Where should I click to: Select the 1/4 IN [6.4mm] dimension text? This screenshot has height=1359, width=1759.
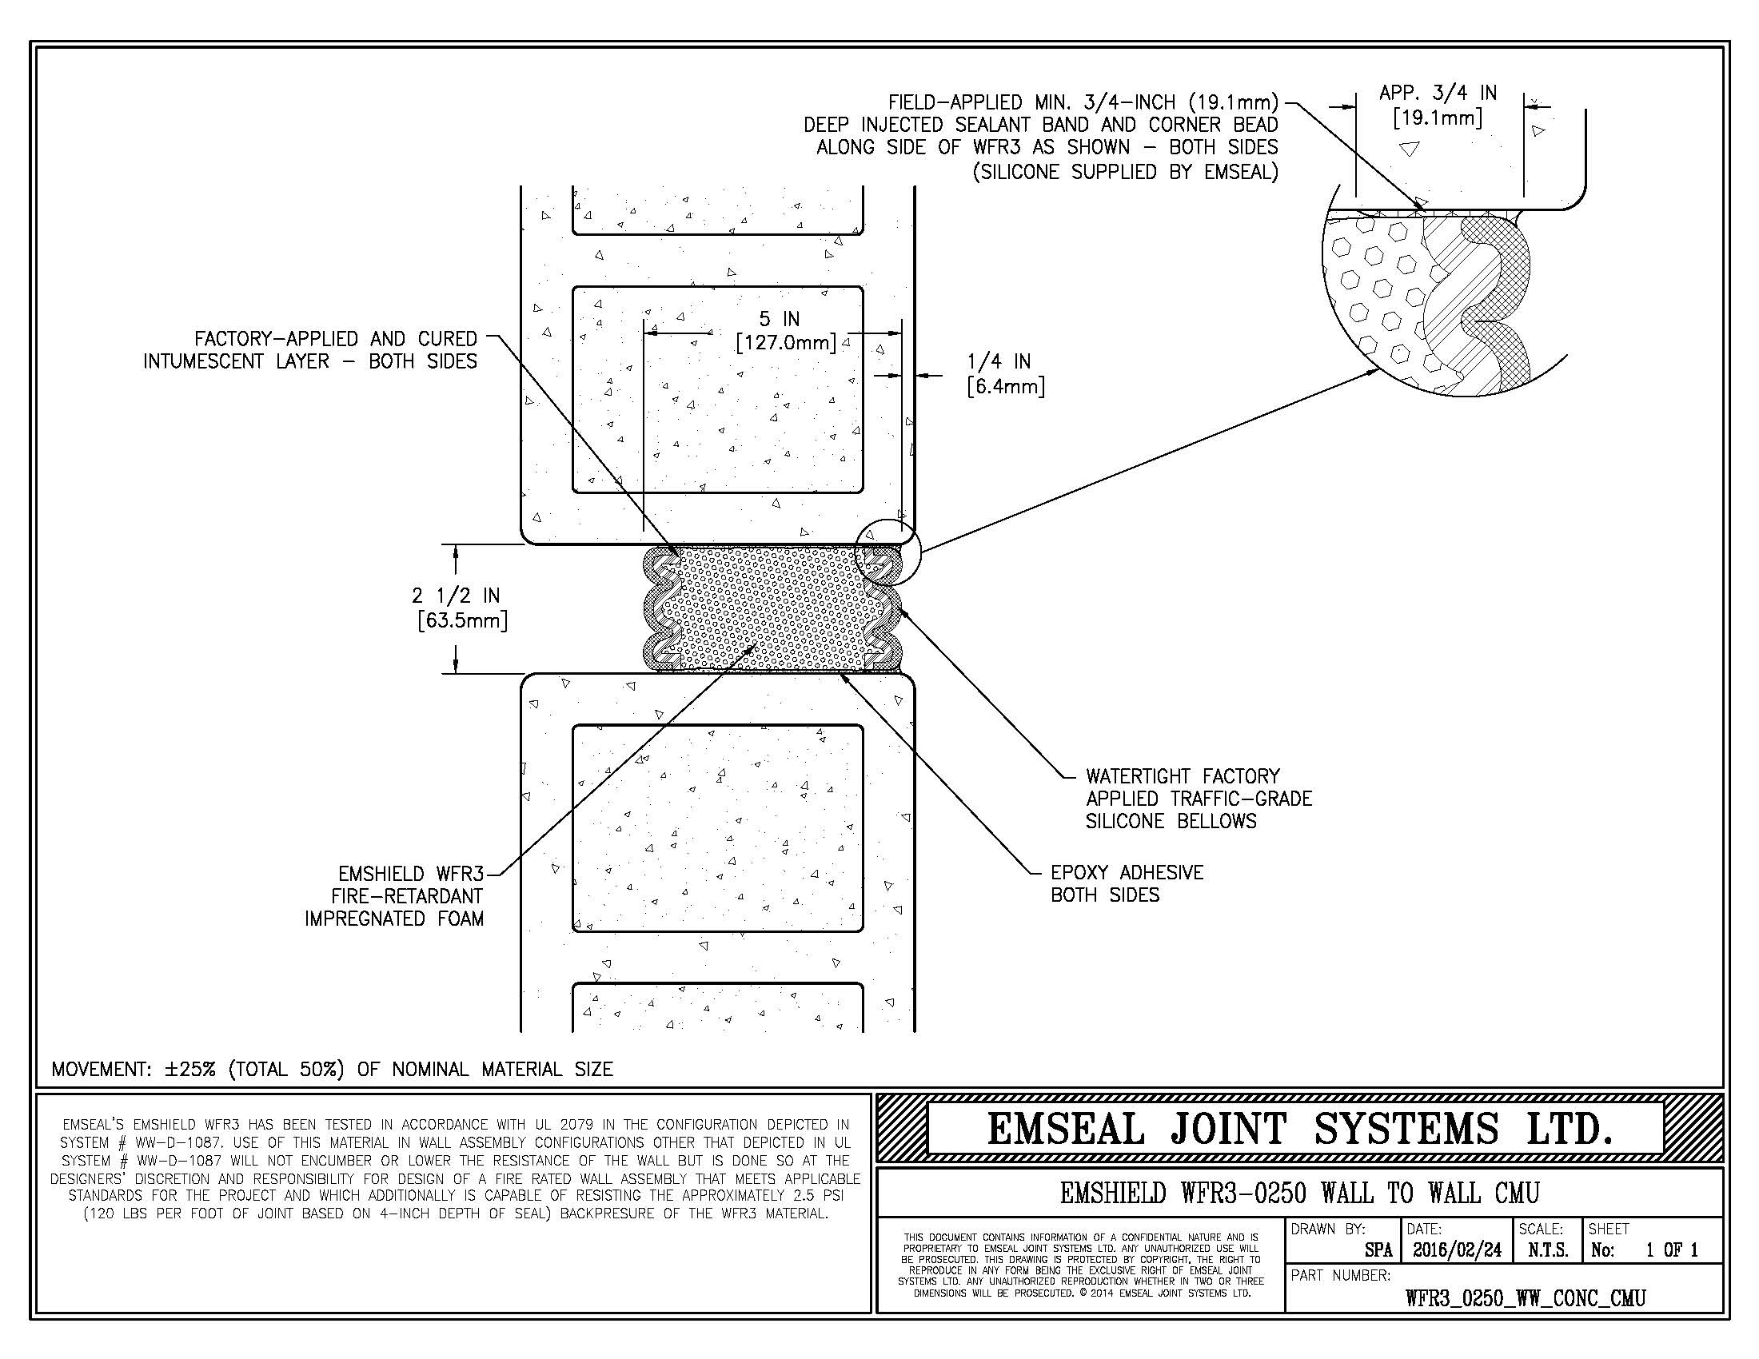pos(1005,374)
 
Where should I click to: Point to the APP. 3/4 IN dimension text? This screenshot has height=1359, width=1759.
pos(1438,106)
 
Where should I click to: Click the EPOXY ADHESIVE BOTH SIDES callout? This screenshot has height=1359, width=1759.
pos(1127,884)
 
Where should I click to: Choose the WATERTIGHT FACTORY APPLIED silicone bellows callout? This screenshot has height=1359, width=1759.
pos(1199,799)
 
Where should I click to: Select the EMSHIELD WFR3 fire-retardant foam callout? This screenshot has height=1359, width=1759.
pos(394,897)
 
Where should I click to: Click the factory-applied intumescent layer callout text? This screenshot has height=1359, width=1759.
pos(310,350)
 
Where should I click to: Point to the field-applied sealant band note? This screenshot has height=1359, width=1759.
pos(1040,137)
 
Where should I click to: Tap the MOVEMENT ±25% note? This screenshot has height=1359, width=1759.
pos(332,1069)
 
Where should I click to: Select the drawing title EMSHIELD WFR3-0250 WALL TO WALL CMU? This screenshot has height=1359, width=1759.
pos(1299,1193)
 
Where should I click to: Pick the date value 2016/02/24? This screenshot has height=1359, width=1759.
pos(1457,1249)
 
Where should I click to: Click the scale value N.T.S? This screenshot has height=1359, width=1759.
pos(1547,1250)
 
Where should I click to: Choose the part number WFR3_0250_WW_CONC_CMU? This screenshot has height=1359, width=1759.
pos(1526,1297)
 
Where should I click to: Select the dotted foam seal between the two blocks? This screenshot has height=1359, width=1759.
pos(774,608)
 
